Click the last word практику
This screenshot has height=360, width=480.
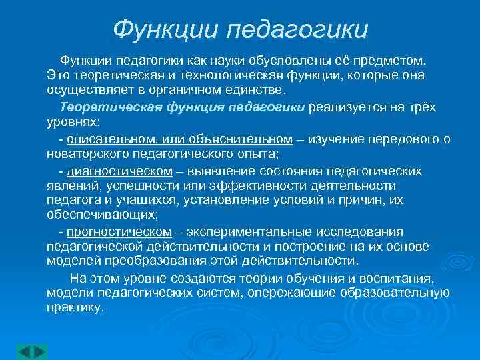75,307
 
